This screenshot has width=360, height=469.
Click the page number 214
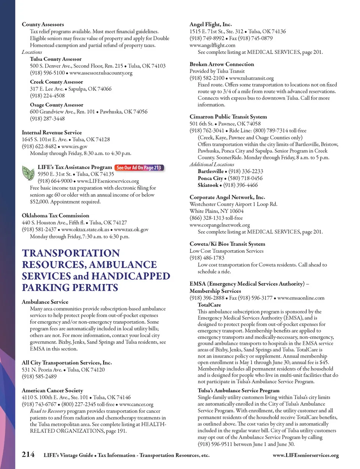pyautogui.click(x=28, y=454)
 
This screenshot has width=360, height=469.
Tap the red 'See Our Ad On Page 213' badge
pyautogui.click(x=139, y=168)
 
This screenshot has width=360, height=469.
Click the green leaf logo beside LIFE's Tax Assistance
pyautogui.click(x=28, y=173)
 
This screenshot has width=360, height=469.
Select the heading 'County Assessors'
pyautogui.click(x=43, y=24)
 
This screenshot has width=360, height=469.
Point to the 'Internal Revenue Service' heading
pyautogui.click(x=52, y=132)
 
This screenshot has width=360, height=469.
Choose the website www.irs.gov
pyautogui.click(x=74, y=146)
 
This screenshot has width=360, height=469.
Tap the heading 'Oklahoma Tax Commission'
pyautogui.click(x=55, y=216)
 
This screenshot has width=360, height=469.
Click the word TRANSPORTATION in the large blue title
pyautogui.click(x=71, y=253)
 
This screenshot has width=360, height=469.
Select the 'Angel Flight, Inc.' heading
pyautogui.click(x=210, y=24)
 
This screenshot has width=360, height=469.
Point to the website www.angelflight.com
pyautogui.click(x=212, y=45)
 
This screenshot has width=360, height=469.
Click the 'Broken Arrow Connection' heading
pyautogui.click(x=222, y=64)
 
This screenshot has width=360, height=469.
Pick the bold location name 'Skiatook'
pyautogui.click(x=208, y=185)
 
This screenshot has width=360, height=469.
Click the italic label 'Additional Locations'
pyautogui.click(x=211, y=164)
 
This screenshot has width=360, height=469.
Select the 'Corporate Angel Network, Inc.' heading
pyautogui.click(x=227, y=197)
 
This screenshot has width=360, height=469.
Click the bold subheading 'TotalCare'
pyautogui.click(x=209, y=305)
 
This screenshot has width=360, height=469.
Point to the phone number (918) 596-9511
pyautogui.click(x=215, y=444)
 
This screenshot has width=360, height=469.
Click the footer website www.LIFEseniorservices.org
pyautogui.click(x=306, y=455)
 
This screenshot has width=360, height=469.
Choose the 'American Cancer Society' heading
pyautogui.click(x=52, y=390)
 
